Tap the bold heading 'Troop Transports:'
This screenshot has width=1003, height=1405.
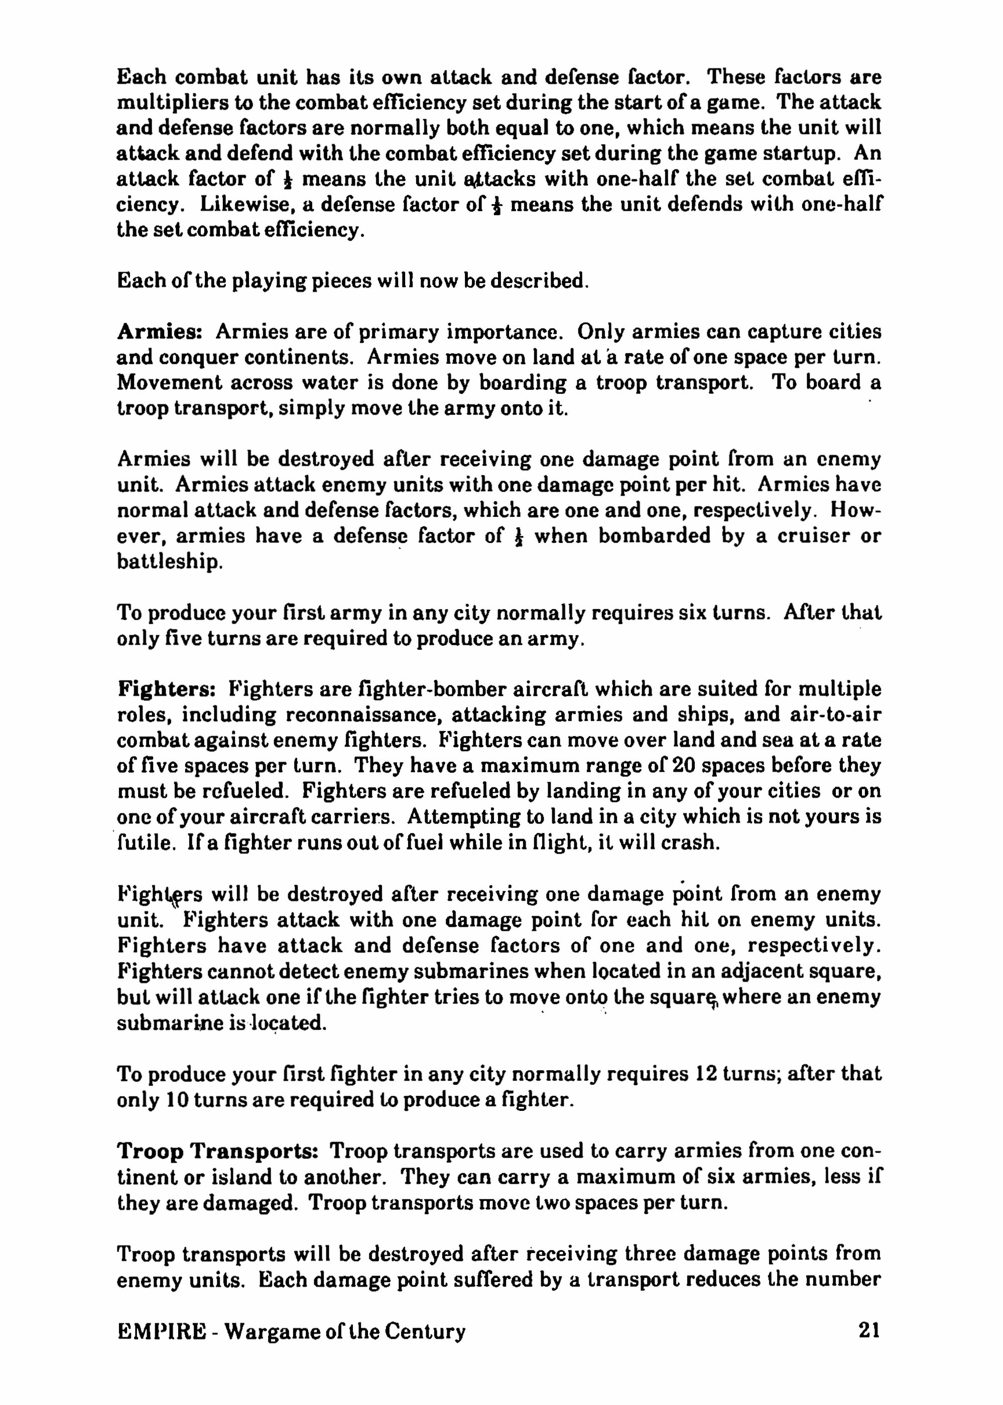point(217,1151)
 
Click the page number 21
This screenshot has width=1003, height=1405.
point(869,1330)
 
